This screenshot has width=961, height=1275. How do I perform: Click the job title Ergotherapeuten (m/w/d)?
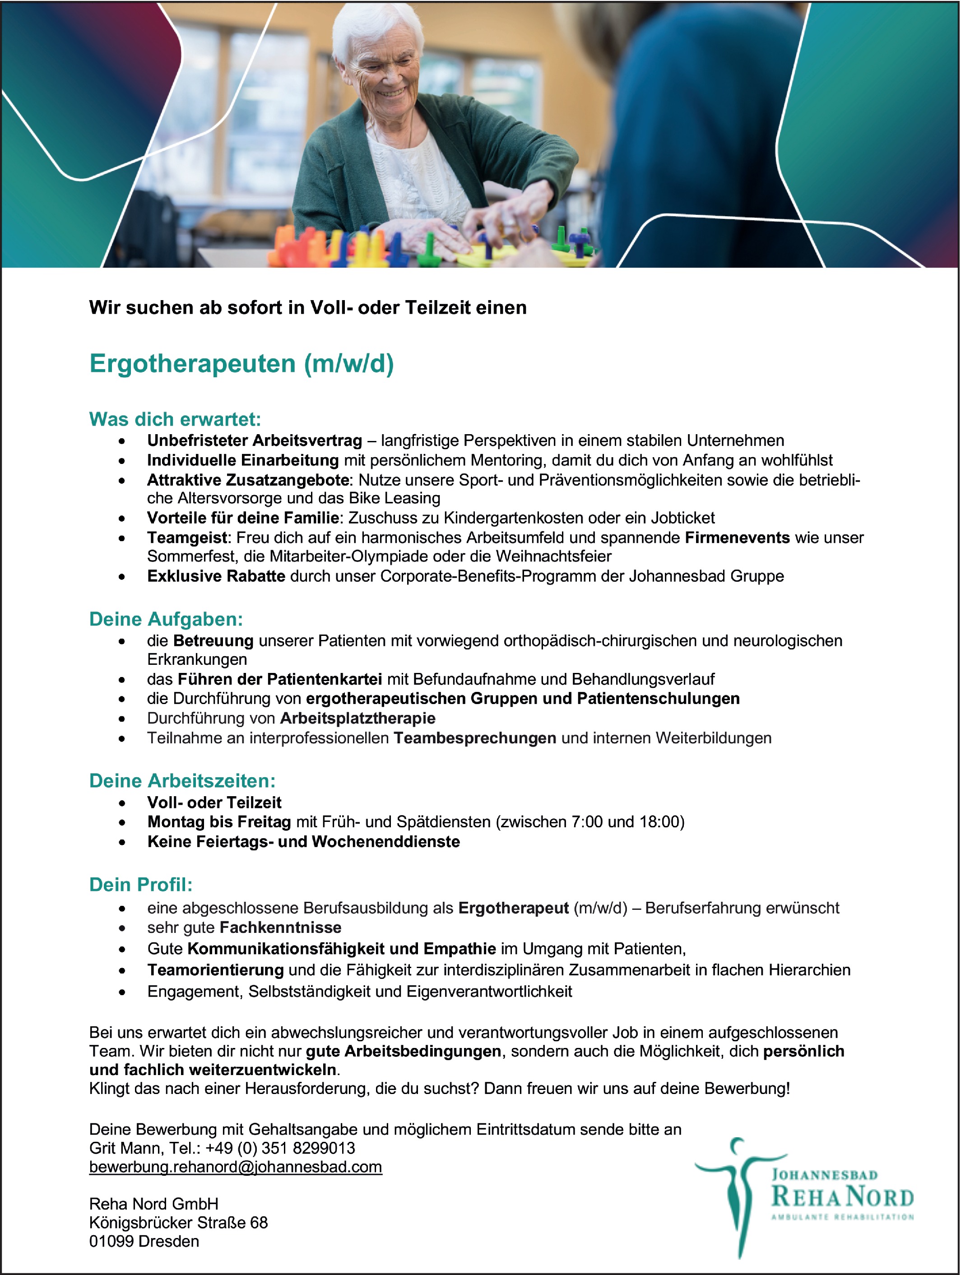(241, 364)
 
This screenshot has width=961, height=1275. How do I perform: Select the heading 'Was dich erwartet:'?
(175, 419)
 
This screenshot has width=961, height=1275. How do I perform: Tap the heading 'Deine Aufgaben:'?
(166, 619)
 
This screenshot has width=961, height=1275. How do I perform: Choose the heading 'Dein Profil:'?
(141, 884)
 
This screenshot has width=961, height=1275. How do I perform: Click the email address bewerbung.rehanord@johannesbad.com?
(235, 1167)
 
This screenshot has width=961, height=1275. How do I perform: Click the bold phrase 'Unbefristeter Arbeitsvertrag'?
(254, 441)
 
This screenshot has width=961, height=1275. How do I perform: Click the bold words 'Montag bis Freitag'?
(219, 821)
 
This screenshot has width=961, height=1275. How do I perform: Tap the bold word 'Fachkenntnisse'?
(280, 927)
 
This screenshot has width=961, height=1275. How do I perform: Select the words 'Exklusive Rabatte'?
(216, 576)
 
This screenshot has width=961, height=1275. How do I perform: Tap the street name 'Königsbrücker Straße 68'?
(178, 1223)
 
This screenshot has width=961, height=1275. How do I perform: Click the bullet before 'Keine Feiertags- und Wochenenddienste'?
(121, 842)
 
